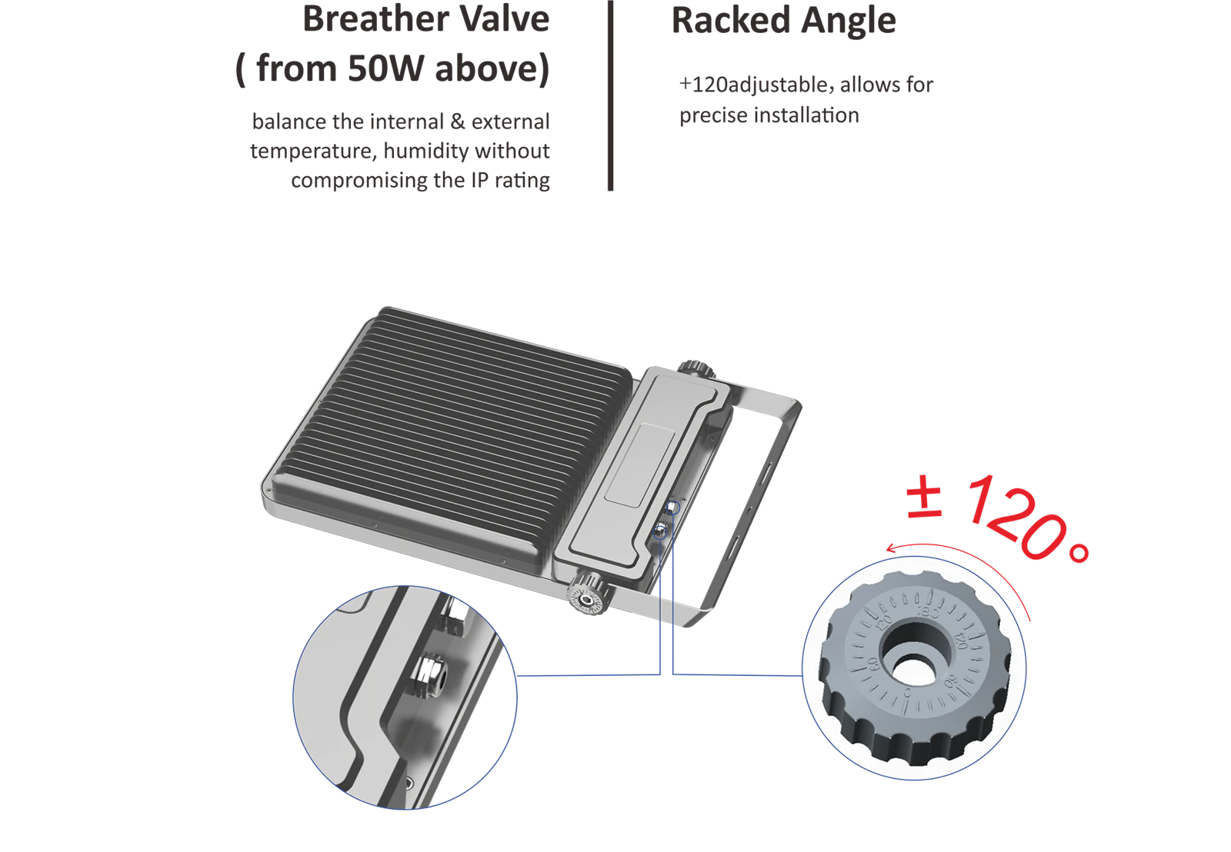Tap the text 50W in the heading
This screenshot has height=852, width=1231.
pyautogui.click(x=385, y=68)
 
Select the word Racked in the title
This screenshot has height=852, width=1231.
pyautogui.click(x=731, y=20)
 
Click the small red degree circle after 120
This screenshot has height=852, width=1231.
pyautogui.click(x=1079, y=553)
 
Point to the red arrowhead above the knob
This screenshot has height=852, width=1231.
pyautogui.click(x=891, y=548)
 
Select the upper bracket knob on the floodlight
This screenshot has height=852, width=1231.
pyautogui.click(x=696, y=369)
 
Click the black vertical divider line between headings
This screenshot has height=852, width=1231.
pyautogui.click(x=610, y=95)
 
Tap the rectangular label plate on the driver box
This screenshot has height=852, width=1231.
pyautogui.click(x=640, y=465)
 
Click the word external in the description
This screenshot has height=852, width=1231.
pyautogui.click(x=511, y=122)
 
